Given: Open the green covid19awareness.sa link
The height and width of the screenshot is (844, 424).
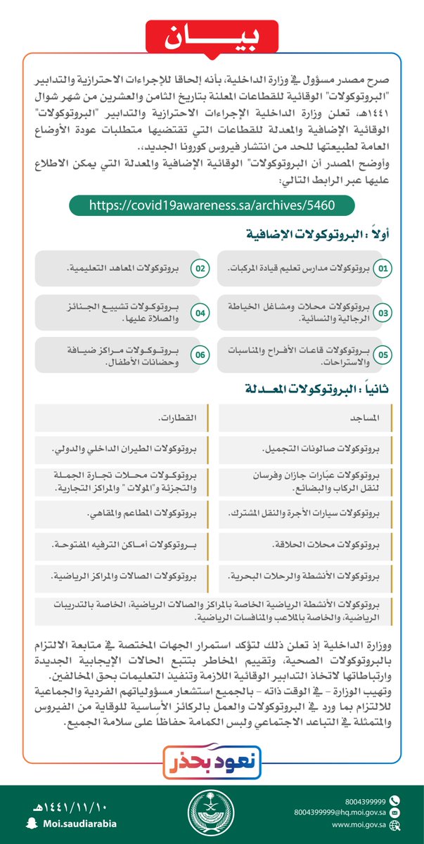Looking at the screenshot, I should [x=211, y=205].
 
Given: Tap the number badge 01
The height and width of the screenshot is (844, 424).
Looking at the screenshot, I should [x=383, y=269].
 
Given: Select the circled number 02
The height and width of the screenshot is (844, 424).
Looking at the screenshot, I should [x=200, y=269].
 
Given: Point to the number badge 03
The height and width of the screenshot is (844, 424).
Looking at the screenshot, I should [x=383, y=312].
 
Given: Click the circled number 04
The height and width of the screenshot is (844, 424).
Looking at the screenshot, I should [x=200, y=312].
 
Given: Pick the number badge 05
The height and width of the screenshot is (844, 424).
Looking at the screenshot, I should [x=383, y=354].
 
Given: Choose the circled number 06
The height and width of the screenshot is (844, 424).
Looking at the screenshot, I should [x=200, y=354].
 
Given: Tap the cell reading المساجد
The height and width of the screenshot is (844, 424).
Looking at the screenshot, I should [x=366, y=418].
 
